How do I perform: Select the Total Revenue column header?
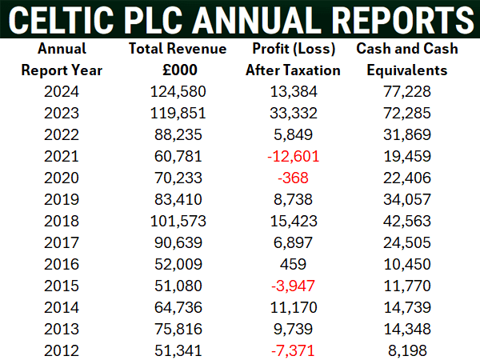(178, 49)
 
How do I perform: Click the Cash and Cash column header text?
(407, 49)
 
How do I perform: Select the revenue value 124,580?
(178, 90)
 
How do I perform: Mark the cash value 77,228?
(407, 90)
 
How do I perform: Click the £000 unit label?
(178, 70)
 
